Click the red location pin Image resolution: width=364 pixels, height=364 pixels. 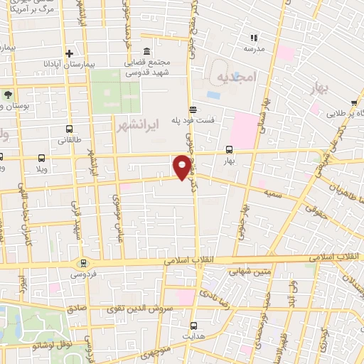(x=183, y=166)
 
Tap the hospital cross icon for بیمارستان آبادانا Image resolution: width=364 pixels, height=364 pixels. (x=69, y=53)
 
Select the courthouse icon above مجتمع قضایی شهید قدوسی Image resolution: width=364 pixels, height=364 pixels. (x=146, y=52)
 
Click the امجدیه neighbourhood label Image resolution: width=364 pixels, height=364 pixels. (x=234, y=75)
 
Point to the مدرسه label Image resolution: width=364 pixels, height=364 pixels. (x=254, y=48)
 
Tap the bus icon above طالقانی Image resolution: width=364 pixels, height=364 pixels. (x=69, y=129)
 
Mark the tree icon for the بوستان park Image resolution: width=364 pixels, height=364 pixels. (x=7, y=94)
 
